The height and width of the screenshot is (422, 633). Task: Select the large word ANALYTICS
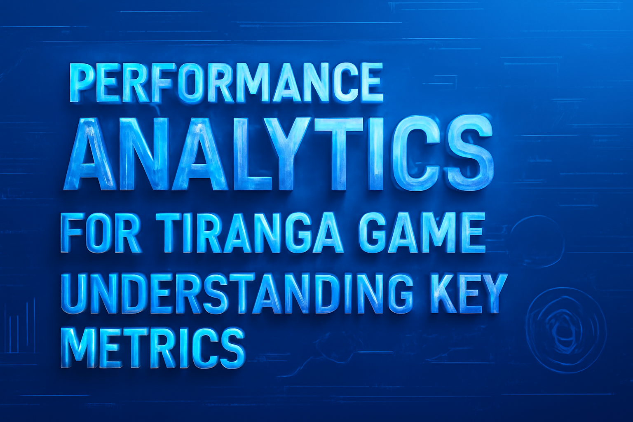point(279,154)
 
